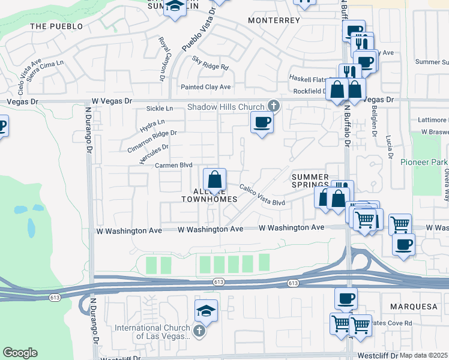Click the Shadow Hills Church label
tap(226, 107)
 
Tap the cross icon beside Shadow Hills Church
tap(273, 106)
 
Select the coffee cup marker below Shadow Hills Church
tap(261, 122)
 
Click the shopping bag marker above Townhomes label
tap(214, 179)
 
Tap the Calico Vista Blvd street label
tap(262, 195)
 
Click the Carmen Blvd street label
tap(173, 165)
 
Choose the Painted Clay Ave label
tap(206, 87)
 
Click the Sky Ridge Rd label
tap(211, 63)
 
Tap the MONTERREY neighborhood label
tap(274, 20)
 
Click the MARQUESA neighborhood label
tap(417, 307)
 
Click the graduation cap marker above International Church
tap(206, 311)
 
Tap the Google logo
tap(20, 353)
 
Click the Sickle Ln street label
tap(160, 109)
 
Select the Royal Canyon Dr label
tap(162, 59)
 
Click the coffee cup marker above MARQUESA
tap(346, 298)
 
